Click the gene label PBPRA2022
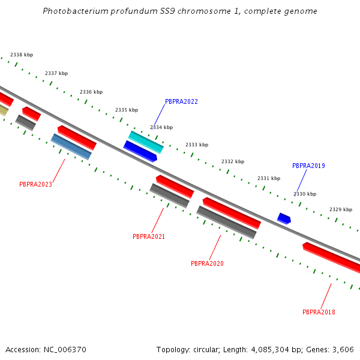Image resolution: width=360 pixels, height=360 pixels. [181, 102]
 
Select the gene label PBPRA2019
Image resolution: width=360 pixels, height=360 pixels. [308, 166]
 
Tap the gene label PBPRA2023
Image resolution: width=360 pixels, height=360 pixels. [35, 185]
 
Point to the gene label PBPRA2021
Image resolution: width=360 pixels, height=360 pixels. [149, 236]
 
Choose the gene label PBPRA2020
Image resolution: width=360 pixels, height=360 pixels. [207, 263]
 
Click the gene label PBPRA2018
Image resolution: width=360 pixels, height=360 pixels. [319, 312]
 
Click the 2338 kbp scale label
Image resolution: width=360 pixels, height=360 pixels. [22, 55]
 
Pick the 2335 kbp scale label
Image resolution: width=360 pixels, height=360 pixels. [127, 110]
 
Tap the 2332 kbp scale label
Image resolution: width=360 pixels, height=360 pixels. [233, 161]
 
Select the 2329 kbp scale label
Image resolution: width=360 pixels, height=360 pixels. [341, 209]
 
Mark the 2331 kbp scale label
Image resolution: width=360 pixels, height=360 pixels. [269, 178]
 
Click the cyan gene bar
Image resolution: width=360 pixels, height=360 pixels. [146, 142]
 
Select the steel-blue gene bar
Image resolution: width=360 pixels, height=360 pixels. [71, 147]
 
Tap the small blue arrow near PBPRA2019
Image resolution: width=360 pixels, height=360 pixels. [284, 218]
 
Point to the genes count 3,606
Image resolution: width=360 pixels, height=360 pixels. [343, 349]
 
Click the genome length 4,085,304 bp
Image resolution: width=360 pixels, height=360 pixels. [270, 349]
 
